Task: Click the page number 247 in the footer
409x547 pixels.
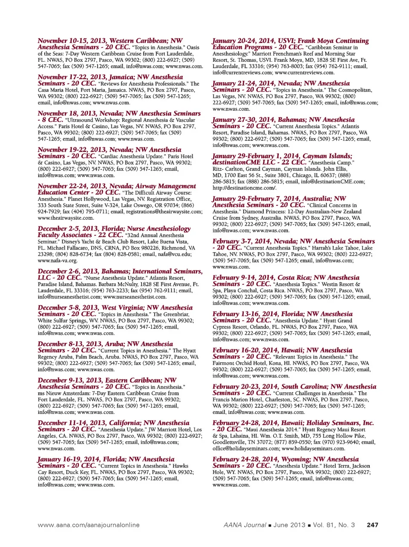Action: (x=372, y=525)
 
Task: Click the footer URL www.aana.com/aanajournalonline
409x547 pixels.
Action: (x=89, y=525)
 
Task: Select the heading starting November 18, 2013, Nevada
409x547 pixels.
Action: (x=119, y=114)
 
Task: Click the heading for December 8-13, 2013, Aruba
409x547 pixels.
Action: (x=105, y=344)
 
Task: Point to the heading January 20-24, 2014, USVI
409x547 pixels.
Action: (x=290, y=41)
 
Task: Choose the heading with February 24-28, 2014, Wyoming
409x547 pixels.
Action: (x=285, y=460)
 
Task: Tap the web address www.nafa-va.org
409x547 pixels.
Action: (x=58, y=261)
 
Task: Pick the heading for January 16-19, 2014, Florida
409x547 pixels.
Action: (x=106, y=460)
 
